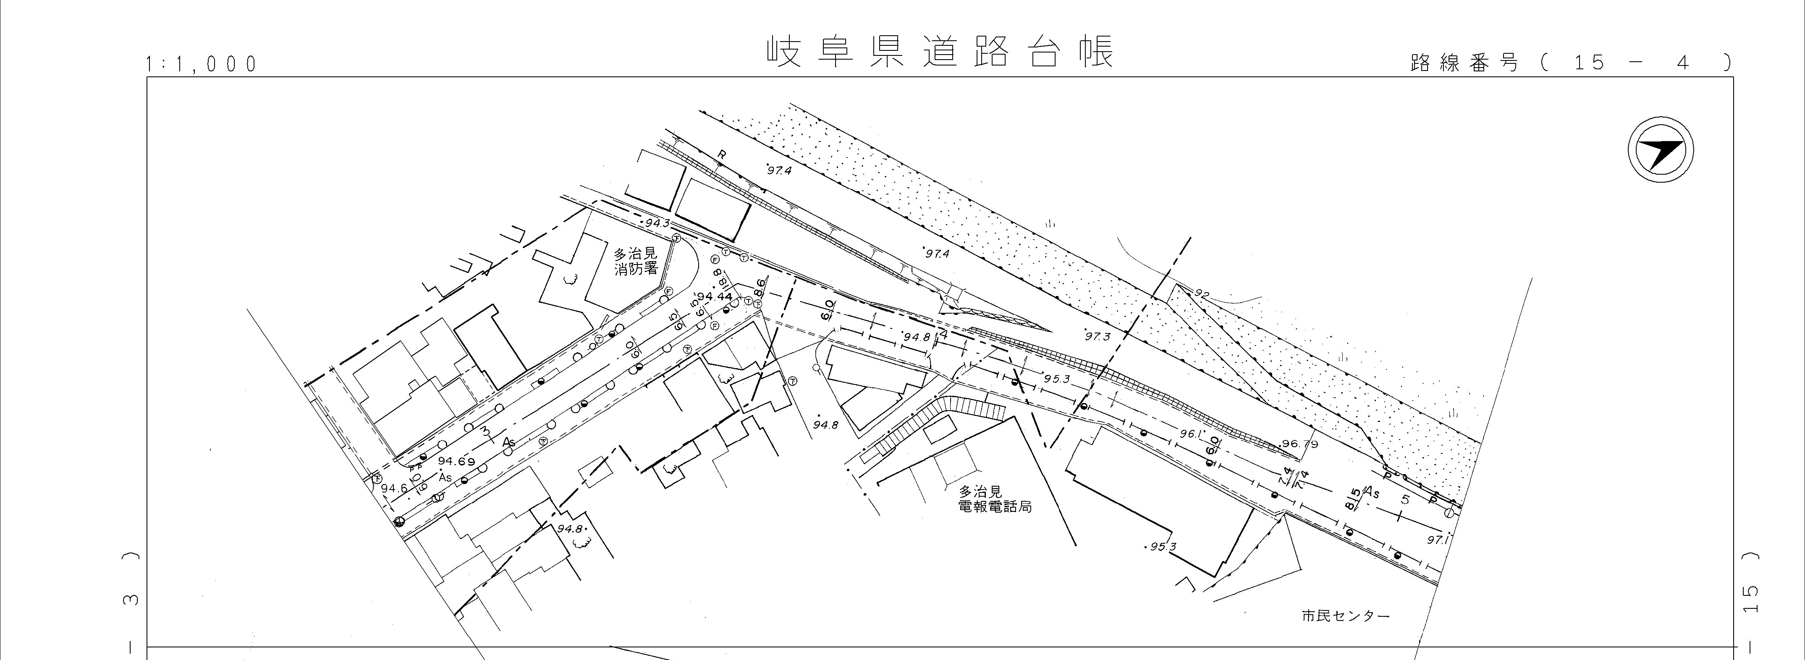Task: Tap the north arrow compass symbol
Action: pyautogui.click(x=1660, y=151)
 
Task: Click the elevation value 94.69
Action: pyautogui.click(x=456, y=461)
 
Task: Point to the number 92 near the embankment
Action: pyautogui.click(x=1202, y=294)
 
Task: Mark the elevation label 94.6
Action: pyautogui.click(x=394, y=488)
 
